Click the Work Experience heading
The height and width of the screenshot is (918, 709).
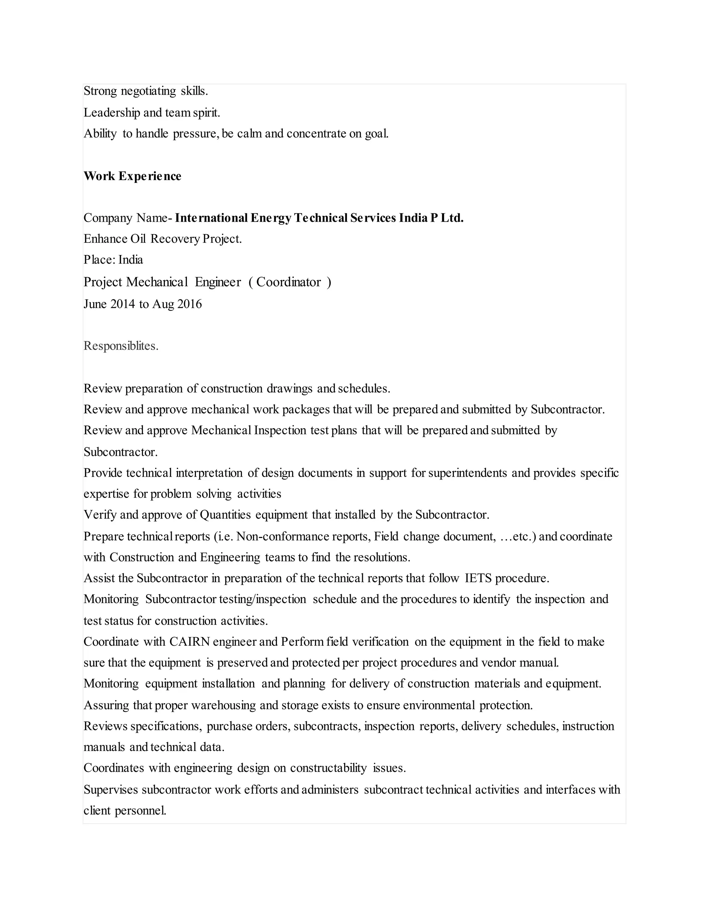pyautogui.click(x=132, y=176)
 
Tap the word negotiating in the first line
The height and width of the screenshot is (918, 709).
pyautogui.click(x=148, y=91)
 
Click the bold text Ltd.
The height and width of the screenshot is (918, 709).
pyautogui.click(x=452, y=218)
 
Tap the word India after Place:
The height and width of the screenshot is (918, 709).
pyautogui.click(x=131, y=260)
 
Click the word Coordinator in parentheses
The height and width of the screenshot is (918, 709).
pyautogui.click(x=289, y=282)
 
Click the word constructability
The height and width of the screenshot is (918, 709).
pyautogui.click(x=329, y=768)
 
